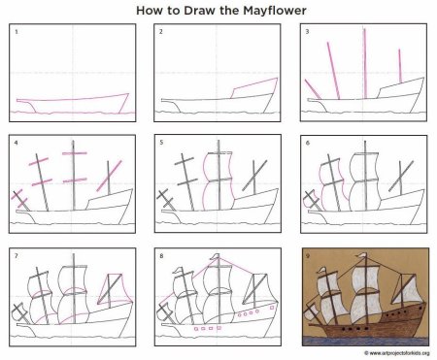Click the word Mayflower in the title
click(275, 11)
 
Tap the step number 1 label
click(17, 32)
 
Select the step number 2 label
click(161, 32)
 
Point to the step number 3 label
click(308, 32)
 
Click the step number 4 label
click(17, 143)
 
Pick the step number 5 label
click(161, 143)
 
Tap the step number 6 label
click(308, 143)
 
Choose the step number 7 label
click(17, 256)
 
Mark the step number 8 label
click(161, 256)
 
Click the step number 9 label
click(308, 256)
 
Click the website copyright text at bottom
click(397, 353)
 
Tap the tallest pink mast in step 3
click(365, 63)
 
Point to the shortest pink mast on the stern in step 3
click(400, 66)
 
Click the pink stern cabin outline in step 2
click(254, 87)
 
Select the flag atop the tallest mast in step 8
click(215, 257)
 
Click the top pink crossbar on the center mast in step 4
click(75, 153)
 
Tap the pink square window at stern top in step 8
click(273, 308)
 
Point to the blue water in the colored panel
click(366, 341)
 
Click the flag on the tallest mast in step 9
click(361, 256)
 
